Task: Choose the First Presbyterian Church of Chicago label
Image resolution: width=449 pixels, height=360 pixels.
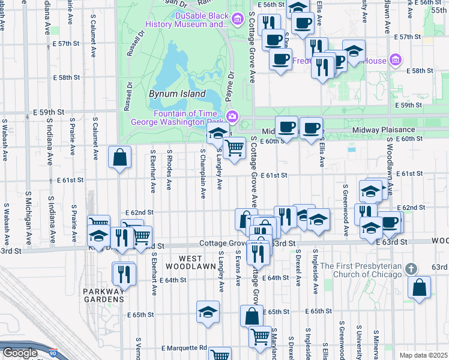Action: (361, 270)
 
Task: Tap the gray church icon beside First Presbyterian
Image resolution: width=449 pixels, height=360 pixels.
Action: (411, 268)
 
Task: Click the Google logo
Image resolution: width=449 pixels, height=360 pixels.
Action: (20, 353)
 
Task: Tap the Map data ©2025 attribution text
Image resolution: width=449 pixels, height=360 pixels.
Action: (423, 355)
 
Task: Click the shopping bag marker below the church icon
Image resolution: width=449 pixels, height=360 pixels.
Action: (419, 287)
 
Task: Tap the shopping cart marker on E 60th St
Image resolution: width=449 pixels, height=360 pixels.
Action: (235, 148)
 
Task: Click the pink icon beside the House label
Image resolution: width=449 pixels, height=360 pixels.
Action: (395, 61)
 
